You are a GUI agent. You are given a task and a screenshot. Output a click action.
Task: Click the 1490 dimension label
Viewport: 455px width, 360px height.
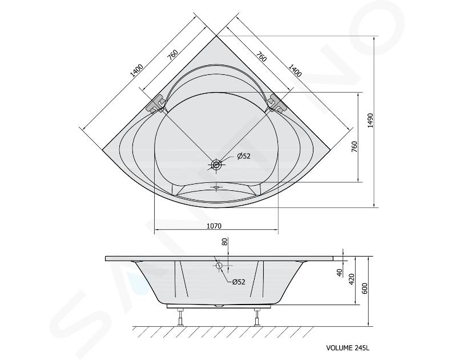[370, 121]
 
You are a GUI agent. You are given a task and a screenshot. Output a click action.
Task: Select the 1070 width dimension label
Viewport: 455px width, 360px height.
[214, 226]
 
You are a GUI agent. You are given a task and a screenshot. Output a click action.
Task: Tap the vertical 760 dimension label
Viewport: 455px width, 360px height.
[354, 147]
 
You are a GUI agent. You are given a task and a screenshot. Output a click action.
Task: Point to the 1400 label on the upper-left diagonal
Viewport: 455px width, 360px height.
[136, 70]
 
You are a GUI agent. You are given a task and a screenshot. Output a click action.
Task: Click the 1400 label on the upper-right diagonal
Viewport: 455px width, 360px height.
[295, 70]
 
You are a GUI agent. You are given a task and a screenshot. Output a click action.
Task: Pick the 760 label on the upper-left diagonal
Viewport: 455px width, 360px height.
[172, 55]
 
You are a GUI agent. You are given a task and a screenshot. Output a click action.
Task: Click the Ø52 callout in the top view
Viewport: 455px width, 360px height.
[243, 157]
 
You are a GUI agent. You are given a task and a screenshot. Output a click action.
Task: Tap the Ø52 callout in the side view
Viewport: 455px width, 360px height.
[239, 282]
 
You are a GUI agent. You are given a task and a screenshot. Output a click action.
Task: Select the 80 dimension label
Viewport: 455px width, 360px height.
[225, 242]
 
